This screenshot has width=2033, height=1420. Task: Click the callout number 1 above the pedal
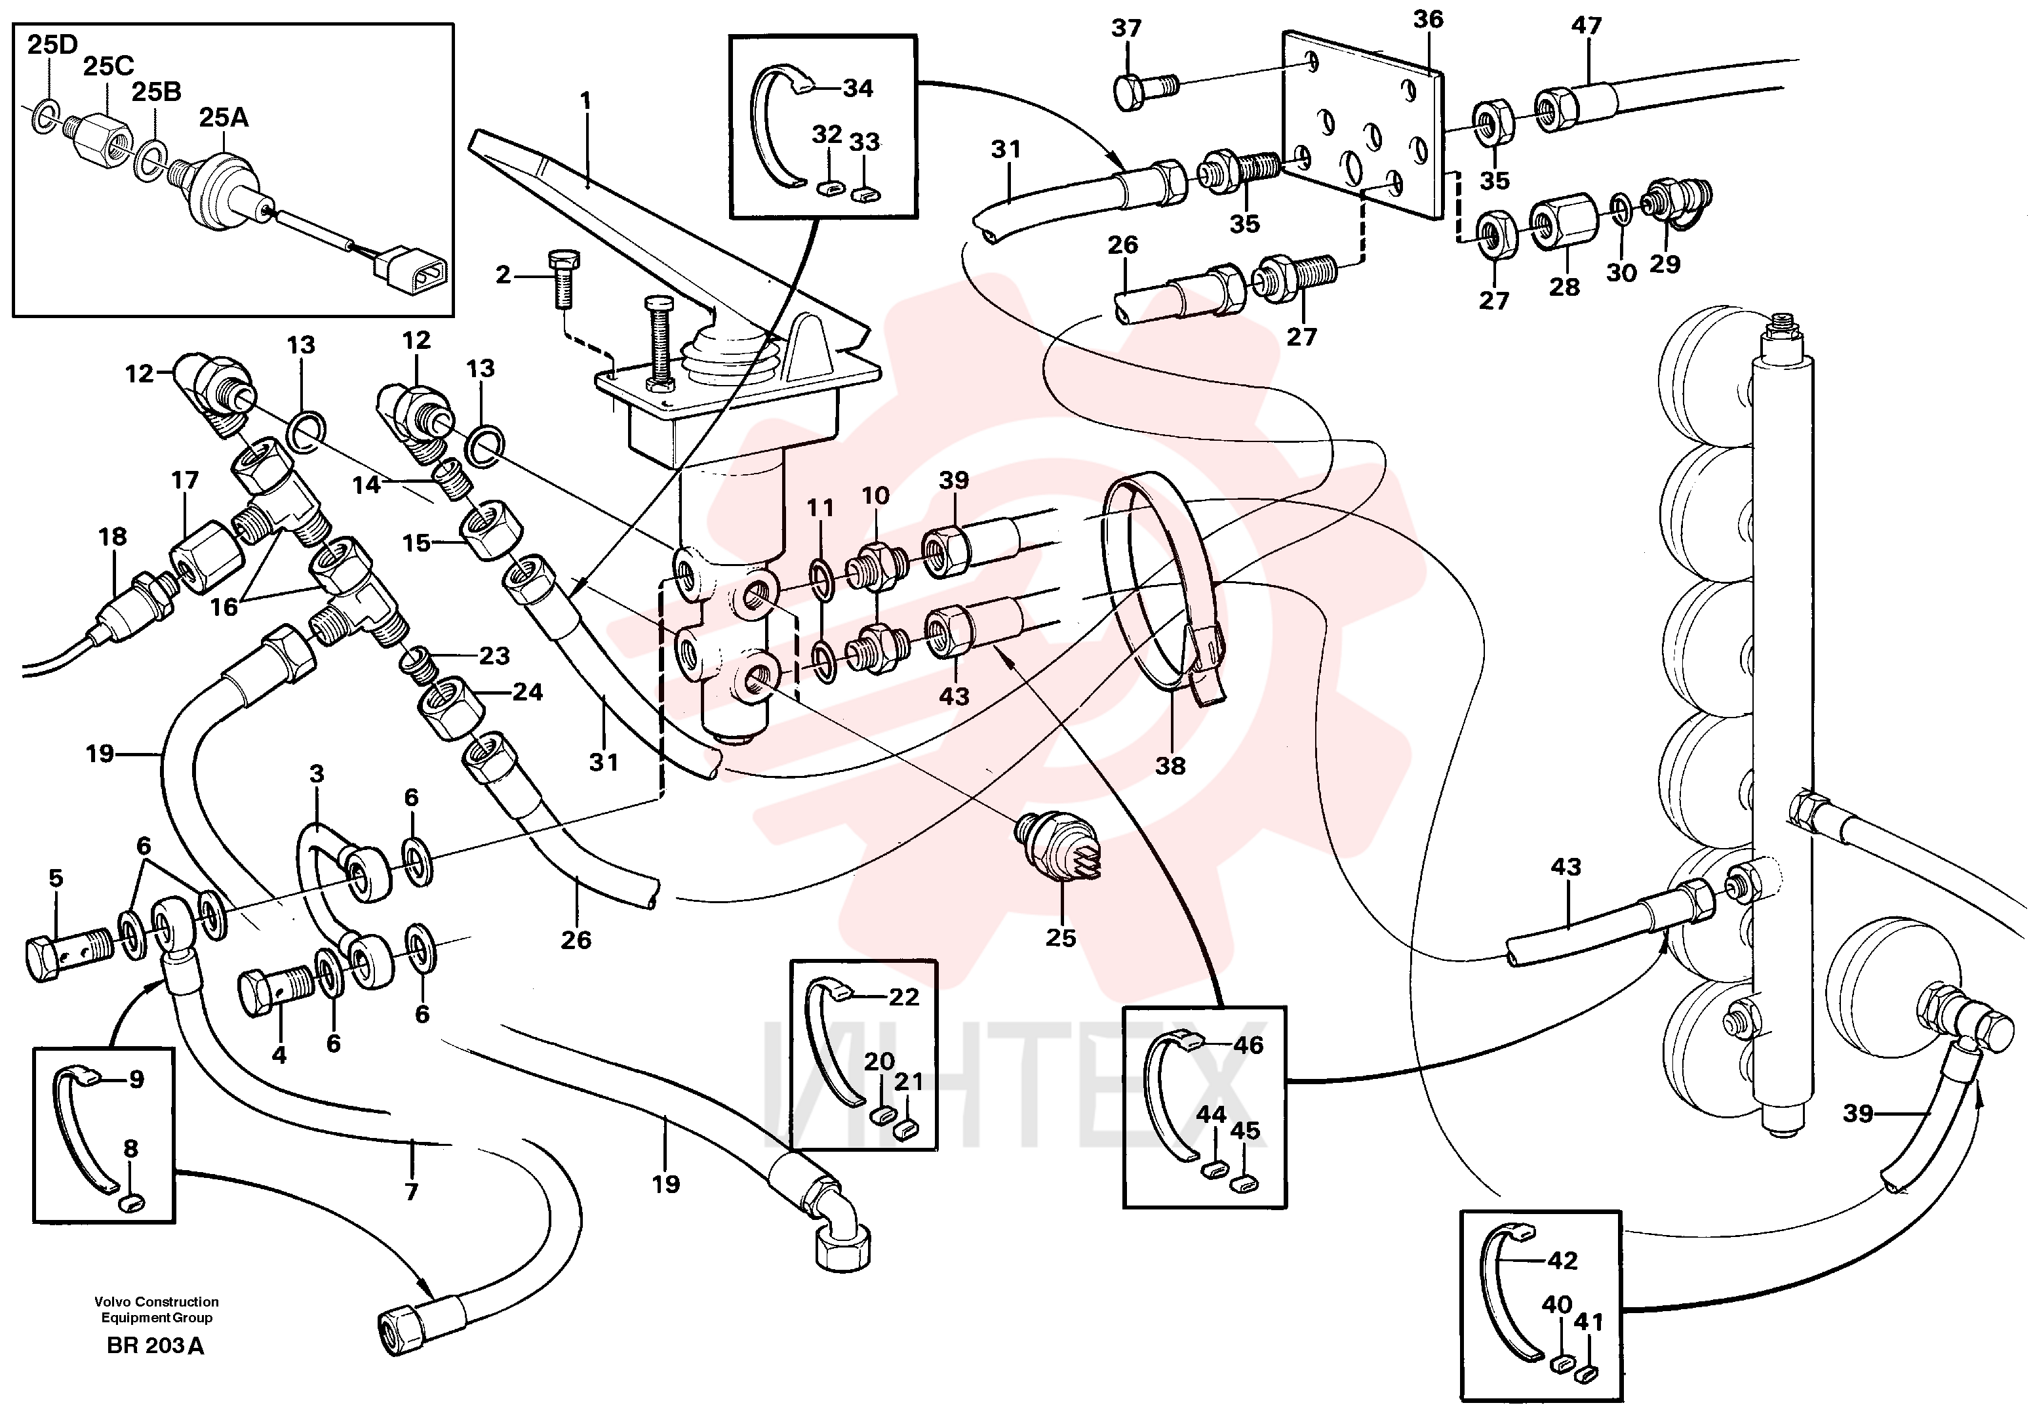[x=585, y=100]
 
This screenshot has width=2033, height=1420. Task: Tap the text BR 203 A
[x=155, y=1346]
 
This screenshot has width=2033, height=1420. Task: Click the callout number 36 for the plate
[x=1427, y=18]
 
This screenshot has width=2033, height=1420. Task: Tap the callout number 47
[x=1587, y=25]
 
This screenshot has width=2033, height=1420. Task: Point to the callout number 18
[x=113, y=536]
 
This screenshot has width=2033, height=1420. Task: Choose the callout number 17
[x=184, y=480]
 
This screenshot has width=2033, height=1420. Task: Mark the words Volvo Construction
[x=157, y=1301]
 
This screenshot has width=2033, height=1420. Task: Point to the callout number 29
[x=1665, y=263]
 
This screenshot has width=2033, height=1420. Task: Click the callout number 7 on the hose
[x=411, y=1192]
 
